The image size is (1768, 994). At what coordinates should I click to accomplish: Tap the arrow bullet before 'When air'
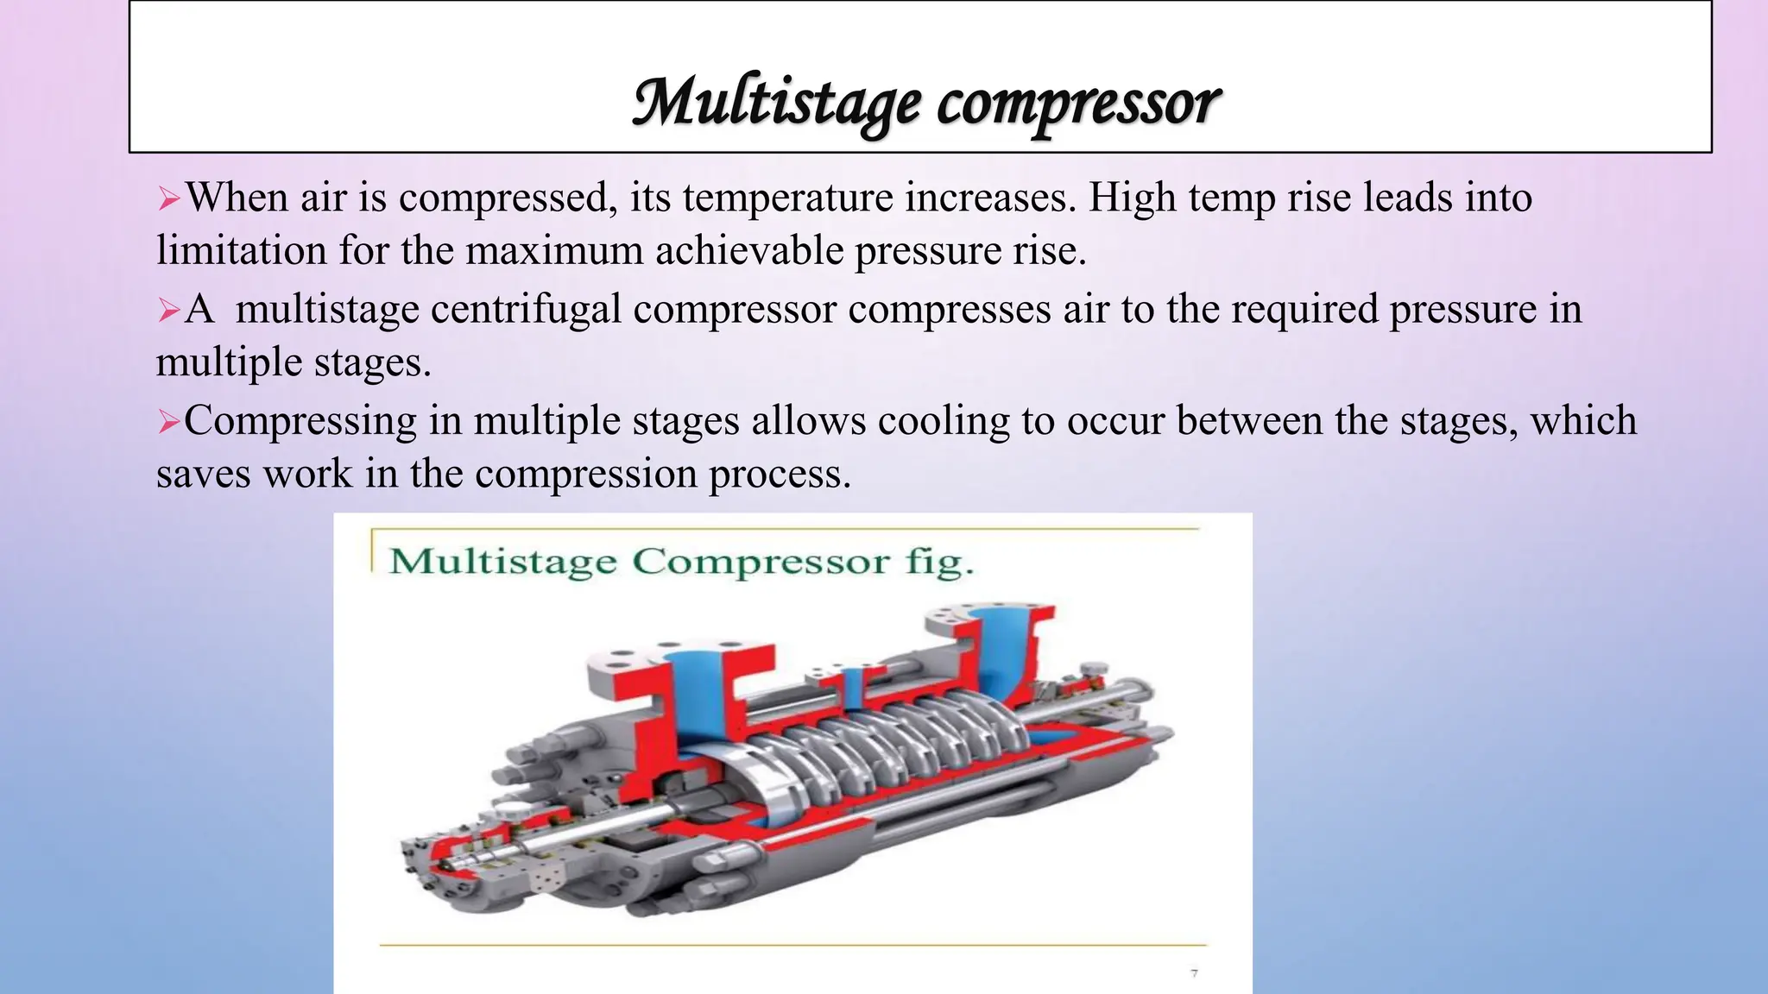(x=168, y=200)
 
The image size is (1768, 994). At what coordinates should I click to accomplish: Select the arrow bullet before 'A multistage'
(x=168, y=311)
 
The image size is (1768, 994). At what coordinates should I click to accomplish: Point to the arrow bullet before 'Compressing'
(x=168, y=422)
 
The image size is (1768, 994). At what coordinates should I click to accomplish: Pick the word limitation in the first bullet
(x=241, y=251)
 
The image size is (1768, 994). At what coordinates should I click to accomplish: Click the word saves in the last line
(x=203, y=474)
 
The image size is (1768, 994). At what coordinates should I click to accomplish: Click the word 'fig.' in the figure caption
(x=939, y=562)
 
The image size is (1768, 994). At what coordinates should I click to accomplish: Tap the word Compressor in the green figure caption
(x=760, y=562)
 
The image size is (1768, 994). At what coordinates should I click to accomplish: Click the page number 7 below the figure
(x=1194, y=973)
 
